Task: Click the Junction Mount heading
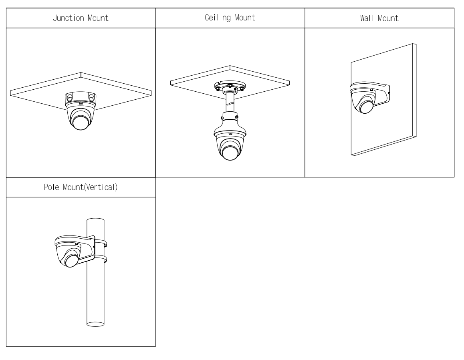(x=81, y=19)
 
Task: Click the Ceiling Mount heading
(x=230, y=18)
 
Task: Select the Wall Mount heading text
(x=379, y=19)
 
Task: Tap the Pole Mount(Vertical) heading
(x=81, y=187)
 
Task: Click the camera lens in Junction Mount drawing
(x=81, y=121)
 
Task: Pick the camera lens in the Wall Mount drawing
(x=366, y=106)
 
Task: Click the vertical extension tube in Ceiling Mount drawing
(x=230, y=103)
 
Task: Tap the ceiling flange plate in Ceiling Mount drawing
(x=229, y=86)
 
